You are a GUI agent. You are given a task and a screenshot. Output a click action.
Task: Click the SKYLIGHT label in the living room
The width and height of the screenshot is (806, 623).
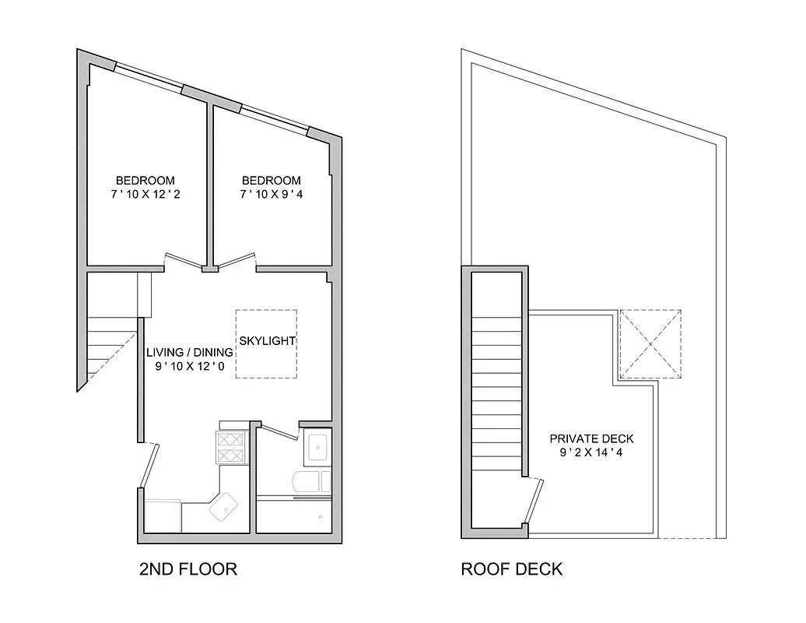point(268,341)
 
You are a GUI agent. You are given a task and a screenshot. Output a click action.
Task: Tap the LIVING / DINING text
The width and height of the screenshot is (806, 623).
point(189,353)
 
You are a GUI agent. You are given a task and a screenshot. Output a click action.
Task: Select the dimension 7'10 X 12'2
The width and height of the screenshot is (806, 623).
point(145,194)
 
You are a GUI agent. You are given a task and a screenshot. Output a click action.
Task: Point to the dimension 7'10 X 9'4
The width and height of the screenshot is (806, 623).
point(271,194)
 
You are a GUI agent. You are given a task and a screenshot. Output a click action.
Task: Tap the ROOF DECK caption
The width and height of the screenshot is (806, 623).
point(511,569)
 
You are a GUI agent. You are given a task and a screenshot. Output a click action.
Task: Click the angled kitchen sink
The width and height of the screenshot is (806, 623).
point(226,508)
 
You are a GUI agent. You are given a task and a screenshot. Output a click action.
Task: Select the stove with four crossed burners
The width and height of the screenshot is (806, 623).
point(230,447)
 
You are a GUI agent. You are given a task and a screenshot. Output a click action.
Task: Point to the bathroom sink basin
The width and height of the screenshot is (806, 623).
point(317,448)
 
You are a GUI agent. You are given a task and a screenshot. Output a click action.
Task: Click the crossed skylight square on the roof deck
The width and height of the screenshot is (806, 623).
point(650,343)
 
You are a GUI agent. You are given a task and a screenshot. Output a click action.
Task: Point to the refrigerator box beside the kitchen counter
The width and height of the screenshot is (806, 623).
point(163,514)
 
